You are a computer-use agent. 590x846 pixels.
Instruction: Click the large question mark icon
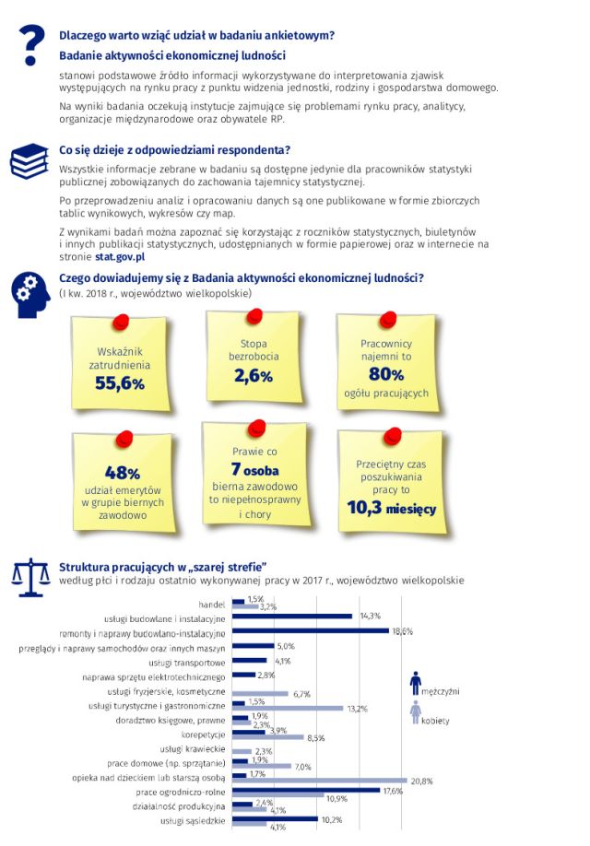pyautogui.click(x=33, y=42)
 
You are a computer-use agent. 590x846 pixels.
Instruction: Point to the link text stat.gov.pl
pyautogui.click(x=120, y=259)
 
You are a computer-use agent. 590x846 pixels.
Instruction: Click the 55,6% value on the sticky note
pyautogui.click(x=121, y=382)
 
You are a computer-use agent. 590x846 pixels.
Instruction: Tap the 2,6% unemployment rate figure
pyautogui.click(x=254, y=375)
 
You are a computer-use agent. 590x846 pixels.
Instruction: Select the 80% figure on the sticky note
pyautogui.click(x=386, y=373)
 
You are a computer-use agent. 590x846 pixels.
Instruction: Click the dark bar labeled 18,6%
pyautogui.click(x=311, y=631)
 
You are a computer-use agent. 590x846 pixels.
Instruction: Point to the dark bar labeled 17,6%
pyautogui.click(x=306, y=790)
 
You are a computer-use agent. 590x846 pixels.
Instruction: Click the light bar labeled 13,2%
pyautogui.click(x=287, y=709)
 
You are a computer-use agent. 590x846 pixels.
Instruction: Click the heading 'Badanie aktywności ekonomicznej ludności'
pyautogui.click(x=172, y=56)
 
